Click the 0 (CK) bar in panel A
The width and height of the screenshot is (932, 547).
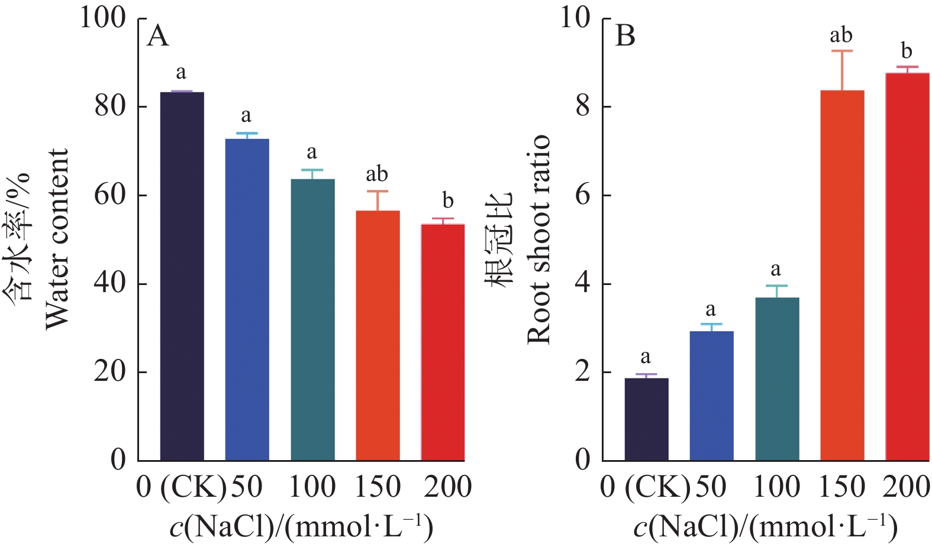pos(182,276)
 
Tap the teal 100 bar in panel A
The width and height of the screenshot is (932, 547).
pos(312,319)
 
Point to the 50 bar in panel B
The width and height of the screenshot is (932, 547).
pos(712,396)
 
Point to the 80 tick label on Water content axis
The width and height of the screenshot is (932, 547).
pos(111,106)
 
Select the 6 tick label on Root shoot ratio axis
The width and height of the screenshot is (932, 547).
pos(583,195)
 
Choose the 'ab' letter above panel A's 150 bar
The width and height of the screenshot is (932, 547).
pos(377,174)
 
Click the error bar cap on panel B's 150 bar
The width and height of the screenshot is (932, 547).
pos(842,51)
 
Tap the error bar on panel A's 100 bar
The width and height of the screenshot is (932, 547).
pos(312,174)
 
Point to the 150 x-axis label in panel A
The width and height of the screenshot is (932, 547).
pos(378,487)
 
